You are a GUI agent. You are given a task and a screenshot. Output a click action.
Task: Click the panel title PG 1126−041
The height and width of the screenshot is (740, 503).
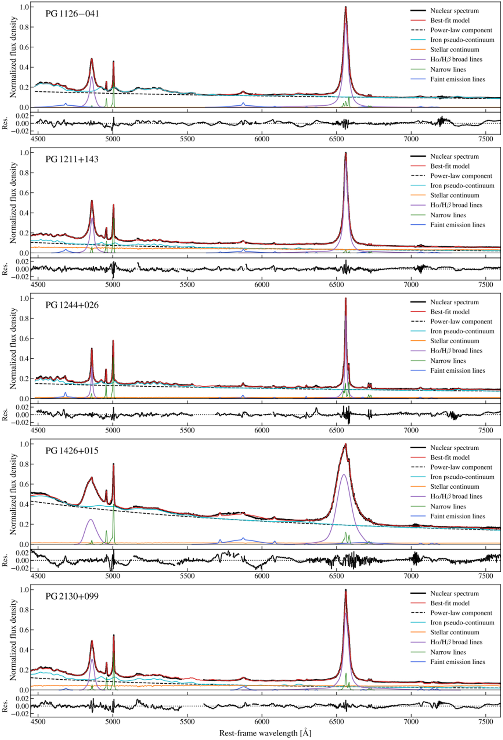tap(72, 14)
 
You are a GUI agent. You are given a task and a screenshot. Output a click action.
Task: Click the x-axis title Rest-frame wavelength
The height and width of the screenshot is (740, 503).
tap(265, 733)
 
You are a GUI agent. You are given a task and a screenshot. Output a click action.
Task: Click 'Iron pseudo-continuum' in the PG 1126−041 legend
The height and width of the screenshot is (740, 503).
tap(462, 40)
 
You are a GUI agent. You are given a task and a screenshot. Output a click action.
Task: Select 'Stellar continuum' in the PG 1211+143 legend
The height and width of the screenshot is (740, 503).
tap(454, 195)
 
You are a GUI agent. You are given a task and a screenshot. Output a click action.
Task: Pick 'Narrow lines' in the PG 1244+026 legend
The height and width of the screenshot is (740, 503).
tap(448, 361)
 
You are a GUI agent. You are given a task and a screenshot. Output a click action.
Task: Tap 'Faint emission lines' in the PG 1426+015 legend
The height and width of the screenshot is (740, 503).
tap(457, 516)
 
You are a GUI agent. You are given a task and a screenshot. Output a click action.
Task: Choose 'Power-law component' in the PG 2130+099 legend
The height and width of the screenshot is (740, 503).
tap(461, 613)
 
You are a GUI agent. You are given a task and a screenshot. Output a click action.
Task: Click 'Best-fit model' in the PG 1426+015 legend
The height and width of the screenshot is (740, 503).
tap(450, 458)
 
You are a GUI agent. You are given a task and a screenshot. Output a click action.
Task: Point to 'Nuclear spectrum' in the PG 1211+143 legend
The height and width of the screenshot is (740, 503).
tap(454, 156)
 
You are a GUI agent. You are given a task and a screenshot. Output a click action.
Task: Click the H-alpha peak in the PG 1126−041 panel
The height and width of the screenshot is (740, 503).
tap(345, 7)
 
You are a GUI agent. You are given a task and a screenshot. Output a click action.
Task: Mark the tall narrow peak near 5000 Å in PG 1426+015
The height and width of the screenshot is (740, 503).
tap(113, 464)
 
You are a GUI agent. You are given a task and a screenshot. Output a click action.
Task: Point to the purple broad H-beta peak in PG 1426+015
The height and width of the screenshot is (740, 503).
tap(91, 520)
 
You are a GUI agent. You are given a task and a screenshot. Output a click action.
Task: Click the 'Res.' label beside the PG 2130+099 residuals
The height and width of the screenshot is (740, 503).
tap(5, 706)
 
